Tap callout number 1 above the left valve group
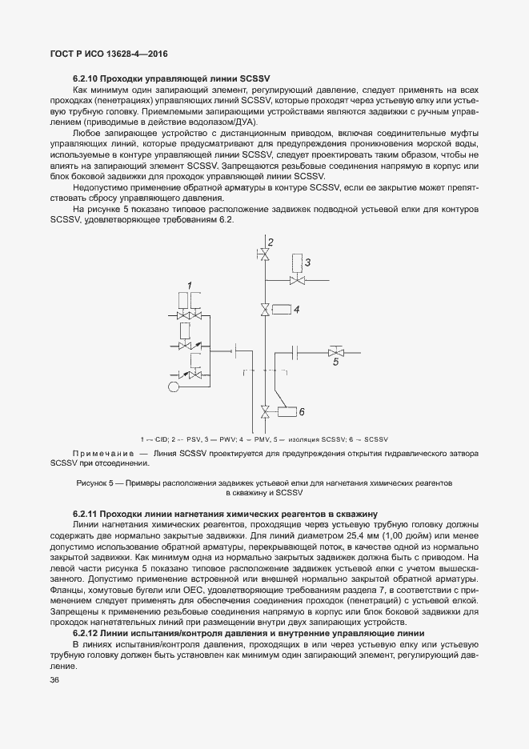coord(190,285)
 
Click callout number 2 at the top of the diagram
coord(271,242)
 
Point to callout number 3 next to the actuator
coord(307,262)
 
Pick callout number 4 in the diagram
coord(296,308)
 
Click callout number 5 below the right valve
coord(335,362)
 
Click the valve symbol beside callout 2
coord(262,254)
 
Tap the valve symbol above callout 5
coord(335,350)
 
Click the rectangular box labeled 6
coord(286,413)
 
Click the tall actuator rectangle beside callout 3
coord(297,262)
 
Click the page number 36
coord(55,679)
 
